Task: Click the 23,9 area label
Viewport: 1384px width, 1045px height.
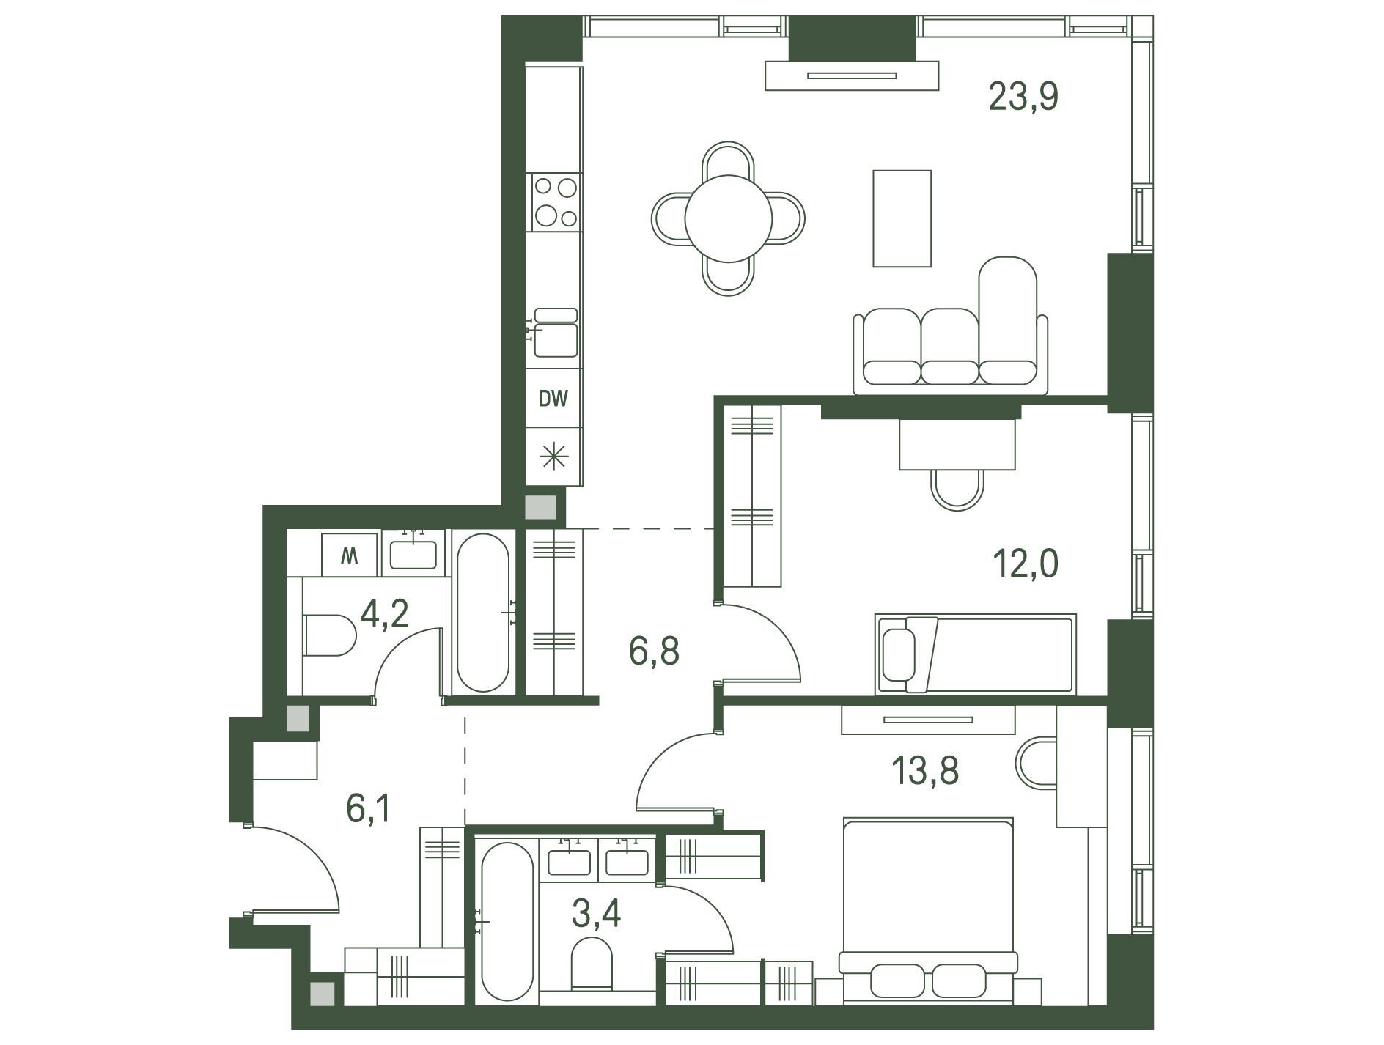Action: click(1023, 97)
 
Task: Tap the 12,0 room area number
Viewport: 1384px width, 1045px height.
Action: click(1026, 564)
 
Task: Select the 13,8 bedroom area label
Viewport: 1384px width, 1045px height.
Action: click(925, 770)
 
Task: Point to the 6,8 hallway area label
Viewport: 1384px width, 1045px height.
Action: click(655, 651)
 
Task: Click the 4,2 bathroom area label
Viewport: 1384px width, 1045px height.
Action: click(384, 613)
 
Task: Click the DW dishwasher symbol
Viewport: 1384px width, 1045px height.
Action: click(554, 399)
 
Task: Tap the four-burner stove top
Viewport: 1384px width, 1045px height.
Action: click(555, 202)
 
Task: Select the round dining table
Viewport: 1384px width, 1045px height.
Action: click(729, 218)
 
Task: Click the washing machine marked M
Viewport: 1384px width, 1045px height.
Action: click(349, 555)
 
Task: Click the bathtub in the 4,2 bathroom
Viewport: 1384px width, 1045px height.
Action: click(482, 613)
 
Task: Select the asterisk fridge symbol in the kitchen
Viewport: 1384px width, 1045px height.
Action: click(554, 457)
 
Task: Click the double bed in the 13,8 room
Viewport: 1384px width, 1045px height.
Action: click(929, 911)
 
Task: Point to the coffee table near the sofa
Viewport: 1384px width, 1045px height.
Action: click(902, 218)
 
